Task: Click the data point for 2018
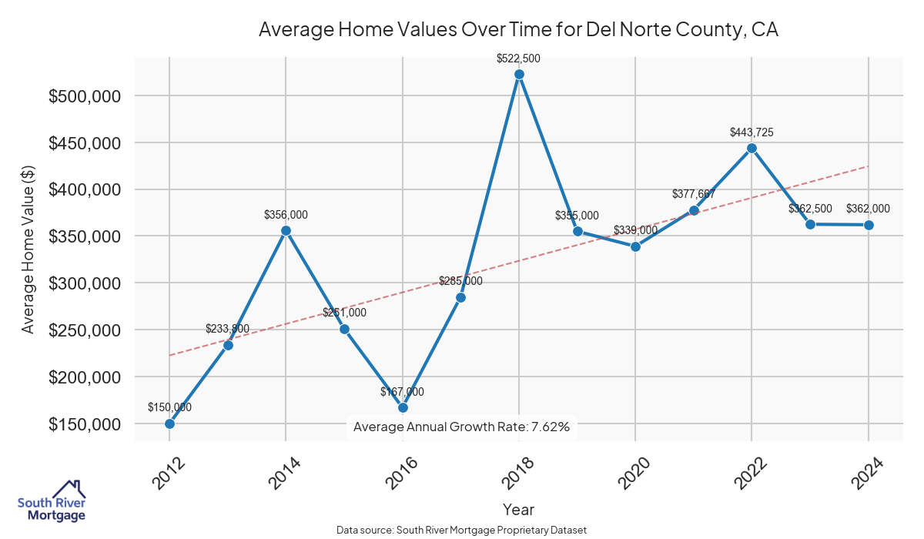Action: coord(519,75)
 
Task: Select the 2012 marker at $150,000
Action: coord(169,423)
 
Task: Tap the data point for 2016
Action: coord(403,407)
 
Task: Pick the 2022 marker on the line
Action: coord(752,148)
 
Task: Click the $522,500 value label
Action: coord(519,58)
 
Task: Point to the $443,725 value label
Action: coord(752,132)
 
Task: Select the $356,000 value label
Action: coord(286,215)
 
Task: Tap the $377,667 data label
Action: coord(694,194)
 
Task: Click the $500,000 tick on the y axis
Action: coord(84,96)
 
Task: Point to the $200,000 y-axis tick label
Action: coord(84,377)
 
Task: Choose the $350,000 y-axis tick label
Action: coord(84,236)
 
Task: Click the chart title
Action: coord(518,30)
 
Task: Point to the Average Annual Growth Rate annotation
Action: coord(461,427)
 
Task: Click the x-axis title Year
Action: coord(518,509)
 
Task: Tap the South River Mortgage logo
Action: coord(52,501)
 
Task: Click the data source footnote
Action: coord(462,530)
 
